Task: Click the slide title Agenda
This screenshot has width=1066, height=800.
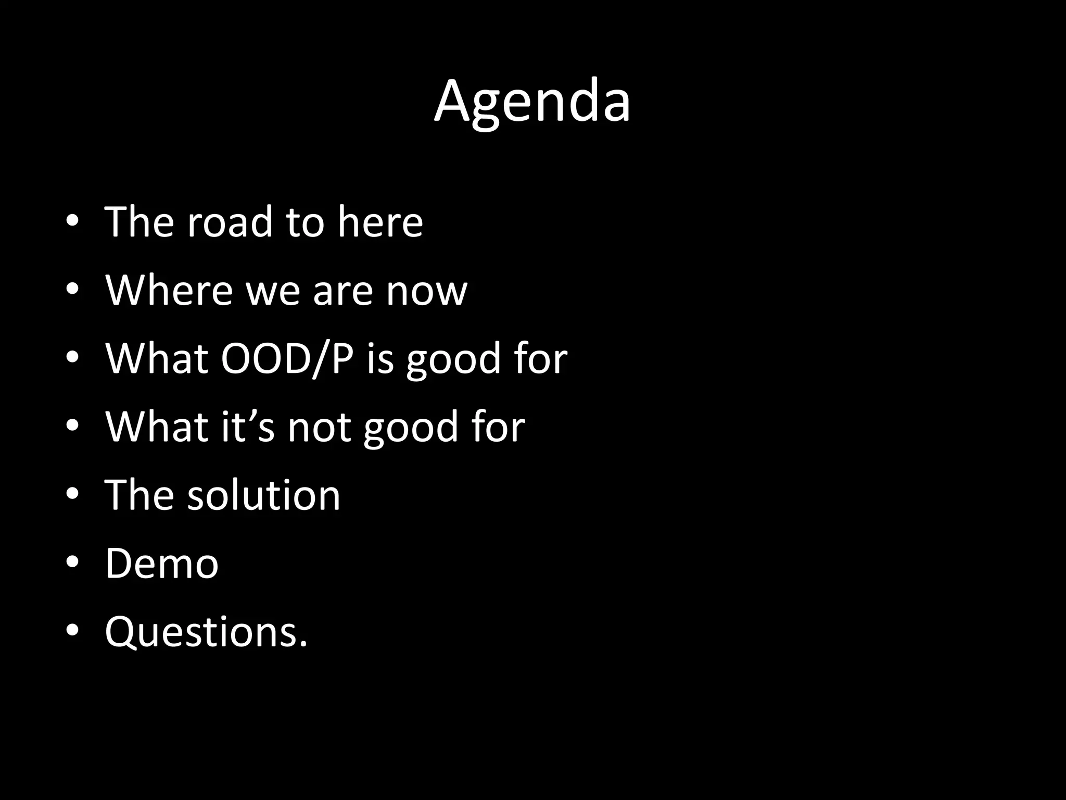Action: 532,102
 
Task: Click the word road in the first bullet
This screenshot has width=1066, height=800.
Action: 230,222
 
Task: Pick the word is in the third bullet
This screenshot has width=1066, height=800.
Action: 380,358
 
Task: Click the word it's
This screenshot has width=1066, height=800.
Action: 248,427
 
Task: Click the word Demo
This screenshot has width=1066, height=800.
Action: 162,563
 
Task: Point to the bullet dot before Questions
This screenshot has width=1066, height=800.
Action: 72,630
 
